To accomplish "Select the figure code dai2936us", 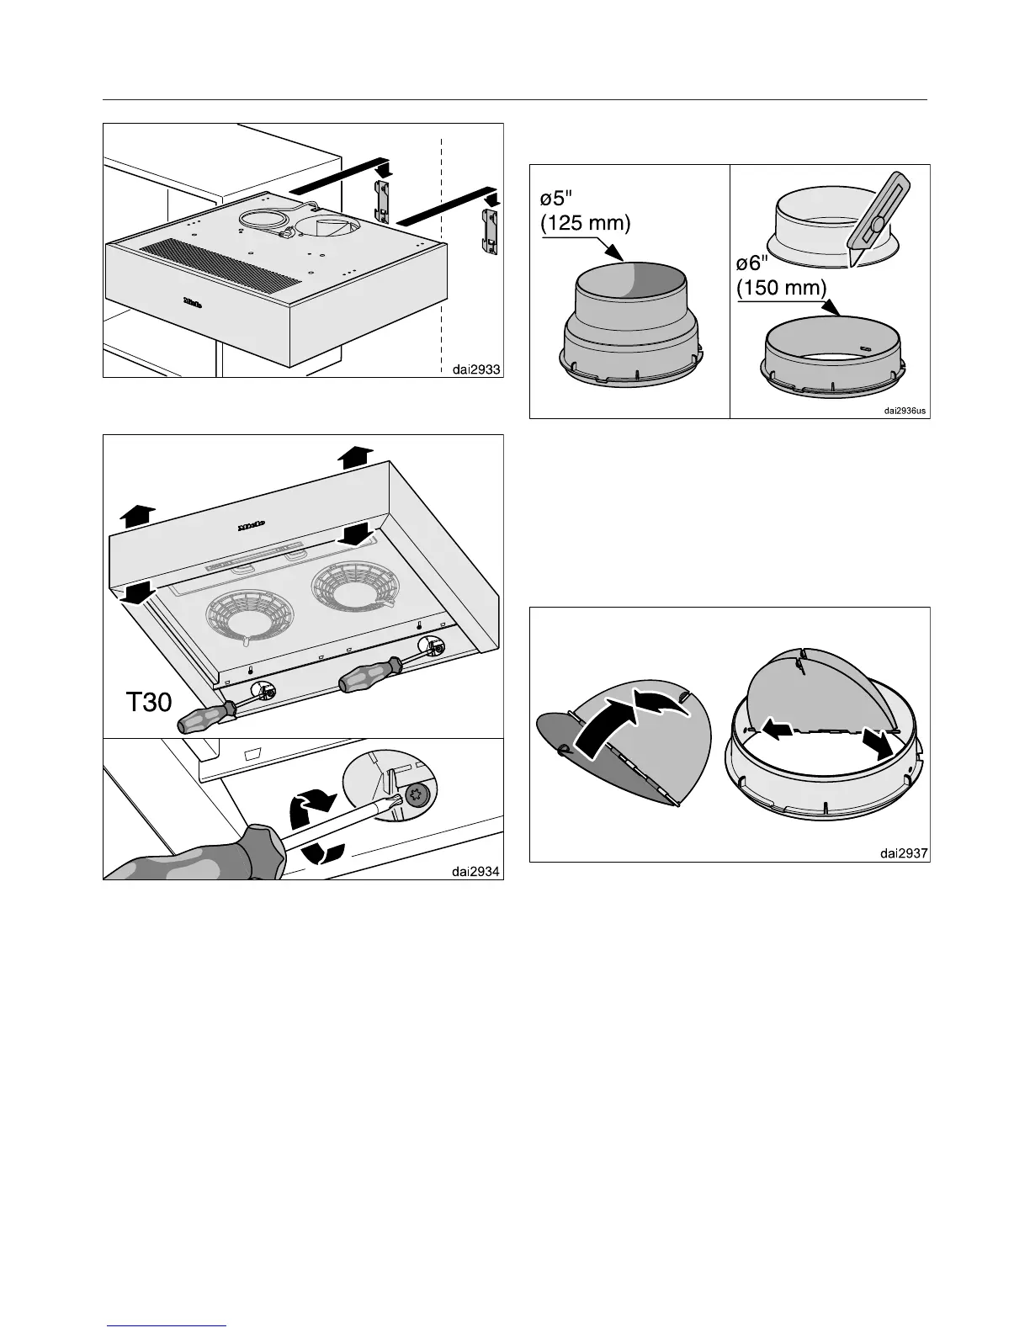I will pyautogui.click(x=905, y=411).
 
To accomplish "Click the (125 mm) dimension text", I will pyautogui.click(x=585, y=225).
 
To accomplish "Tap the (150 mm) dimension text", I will pyautogui.click(x=781, y=287).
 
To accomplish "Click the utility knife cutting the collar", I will pyautogui.click(x=876, y=221).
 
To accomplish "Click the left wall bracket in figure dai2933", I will pyautogui.click(x=382, y=202).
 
